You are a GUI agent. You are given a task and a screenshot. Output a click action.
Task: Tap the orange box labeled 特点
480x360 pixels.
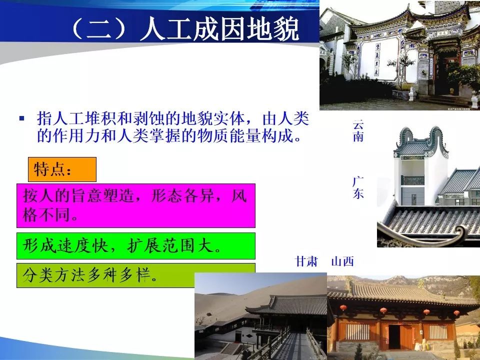[x=62, y=169]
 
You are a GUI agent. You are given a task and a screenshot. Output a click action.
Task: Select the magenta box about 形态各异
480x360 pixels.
[x=136, y=205]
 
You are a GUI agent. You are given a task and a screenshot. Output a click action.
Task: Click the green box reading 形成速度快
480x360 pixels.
[x=136, y=246]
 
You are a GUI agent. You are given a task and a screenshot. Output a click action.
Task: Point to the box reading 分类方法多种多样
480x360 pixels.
[x=136, y=275]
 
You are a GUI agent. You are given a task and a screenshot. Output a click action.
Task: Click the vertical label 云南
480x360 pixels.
[x=358, y=130]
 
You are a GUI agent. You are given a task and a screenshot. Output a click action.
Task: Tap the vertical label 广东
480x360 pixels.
[x=358, y=187]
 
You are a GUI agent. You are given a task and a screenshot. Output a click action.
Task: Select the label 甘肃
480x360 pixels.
[x=306, y=261]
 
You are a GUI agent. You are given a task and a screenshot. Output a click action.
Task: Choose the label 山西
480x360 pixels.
[x=342, y=261]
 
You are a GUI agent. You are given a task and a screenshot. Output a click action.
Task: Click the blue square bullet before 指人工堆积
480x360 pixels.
[x=21, y=118]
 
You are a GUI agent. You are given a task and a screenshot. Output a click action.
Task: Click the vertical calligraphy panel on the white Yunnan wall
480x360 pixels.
[x=377, y=59]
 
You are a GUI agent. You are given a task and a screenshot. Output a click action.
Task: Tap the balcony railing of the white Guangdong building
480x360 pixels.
[x=412, y=180]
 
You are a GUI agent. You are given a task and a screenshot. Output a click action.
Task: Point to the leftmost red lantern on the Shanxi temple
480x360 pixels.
[x=343, y=307]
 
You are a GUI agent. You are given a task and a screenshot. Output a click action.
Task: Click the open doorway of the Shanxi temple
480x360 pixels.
[x=394, y=336]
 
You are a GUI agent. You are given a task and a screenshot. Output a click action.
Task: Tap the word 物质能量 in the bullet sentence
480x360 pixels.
[x=229, y=135]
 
